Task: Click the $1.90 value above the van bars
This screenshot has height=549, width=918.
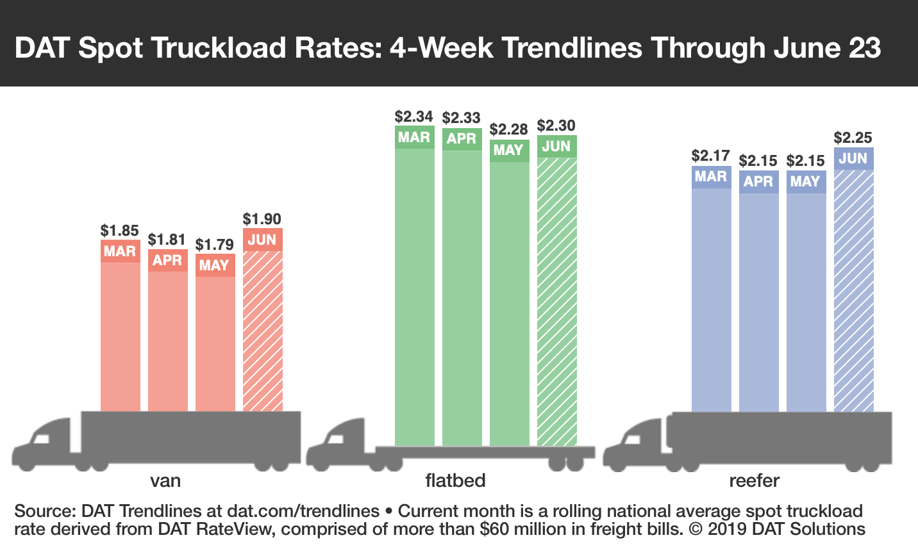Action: pos(262,219)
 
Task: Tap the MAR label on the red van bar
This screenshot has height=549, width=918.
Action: pos(120,251)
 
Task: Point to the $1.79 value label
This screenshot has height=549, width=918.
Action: pos(215,245)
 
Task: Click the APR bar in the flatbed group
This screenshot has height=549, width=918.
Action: pos(462,295)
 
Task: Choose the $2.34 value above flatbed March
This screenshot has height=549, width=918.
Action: pos(413,117)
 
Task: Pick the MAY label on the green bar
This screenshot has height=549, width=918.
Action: pos(508,151)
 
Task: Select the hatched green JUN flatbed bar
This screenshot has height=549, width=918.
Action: pos(556,301)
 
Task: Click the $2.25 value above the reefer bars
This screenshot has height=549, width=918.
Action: pos(853,138)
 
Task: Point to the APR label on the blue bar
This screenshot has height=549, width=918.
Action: pos(758,182)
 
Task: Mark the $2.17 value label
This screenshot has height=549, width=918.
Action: pos(710,156)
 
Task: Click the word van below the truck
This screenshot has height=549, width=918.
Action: pos(165,481)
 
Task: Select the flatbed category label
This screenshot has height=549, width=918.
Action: pos(455,480)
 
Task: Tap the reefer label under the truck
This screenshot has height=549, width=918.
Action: pos(754,480)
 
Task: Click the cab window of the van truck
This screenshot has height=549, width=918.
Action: pos(42,438)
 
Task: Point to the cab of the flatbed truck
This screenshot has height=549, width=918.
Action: pos(340,442)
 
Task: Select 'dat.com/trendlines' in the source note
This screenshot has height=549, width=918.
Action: pos(303,511)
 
